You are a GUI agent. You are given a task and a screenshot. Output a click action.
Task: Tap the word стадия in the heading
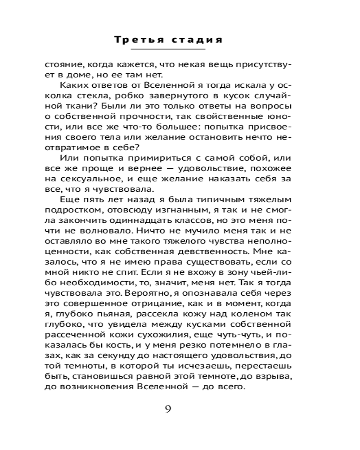click(x=198, y=40)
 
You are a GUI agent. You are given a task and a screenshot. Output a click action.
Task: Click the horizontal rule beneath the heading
click(x=167, y=49)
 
